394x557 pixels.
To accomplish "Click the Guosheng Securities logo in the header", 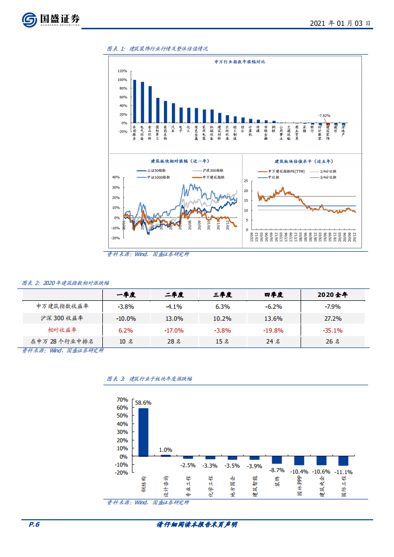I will pyautogui.click(x=50, y=19).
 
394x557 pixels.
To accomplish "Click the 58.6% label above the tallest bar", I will pyautogui.click(x=143, y=403).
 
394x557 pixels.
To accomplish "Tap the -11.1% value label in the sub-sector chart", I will pyautogui.click(x=343, y=472).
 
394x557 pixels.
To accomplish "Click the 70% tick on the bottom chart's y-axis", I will pyautogui.click(x=122, y=399).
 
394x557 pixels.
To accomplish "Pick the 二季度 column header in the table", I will pyautogui.click(x=174, y=294).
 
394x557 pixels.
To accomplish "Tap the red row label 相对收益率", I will pyautogui.click(x=62, y=330).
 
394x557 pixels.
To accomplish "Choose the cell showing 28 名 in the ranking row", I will pyautogui.click(x=174, y=342).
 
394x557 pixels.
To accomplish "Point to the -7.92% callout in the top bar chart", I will pyautogui.click(x=324, y=115).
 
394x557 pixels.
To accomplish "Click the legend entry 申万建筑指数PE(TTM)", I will pyautogui.click(x=281, y=171).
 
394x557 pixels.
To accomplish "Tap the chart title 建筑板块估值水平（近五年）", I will pyautogui.click(x=303, y=161).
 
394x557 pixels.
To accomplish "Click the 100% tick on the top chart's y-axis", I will pyautogui.click(x=122, y=79).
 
